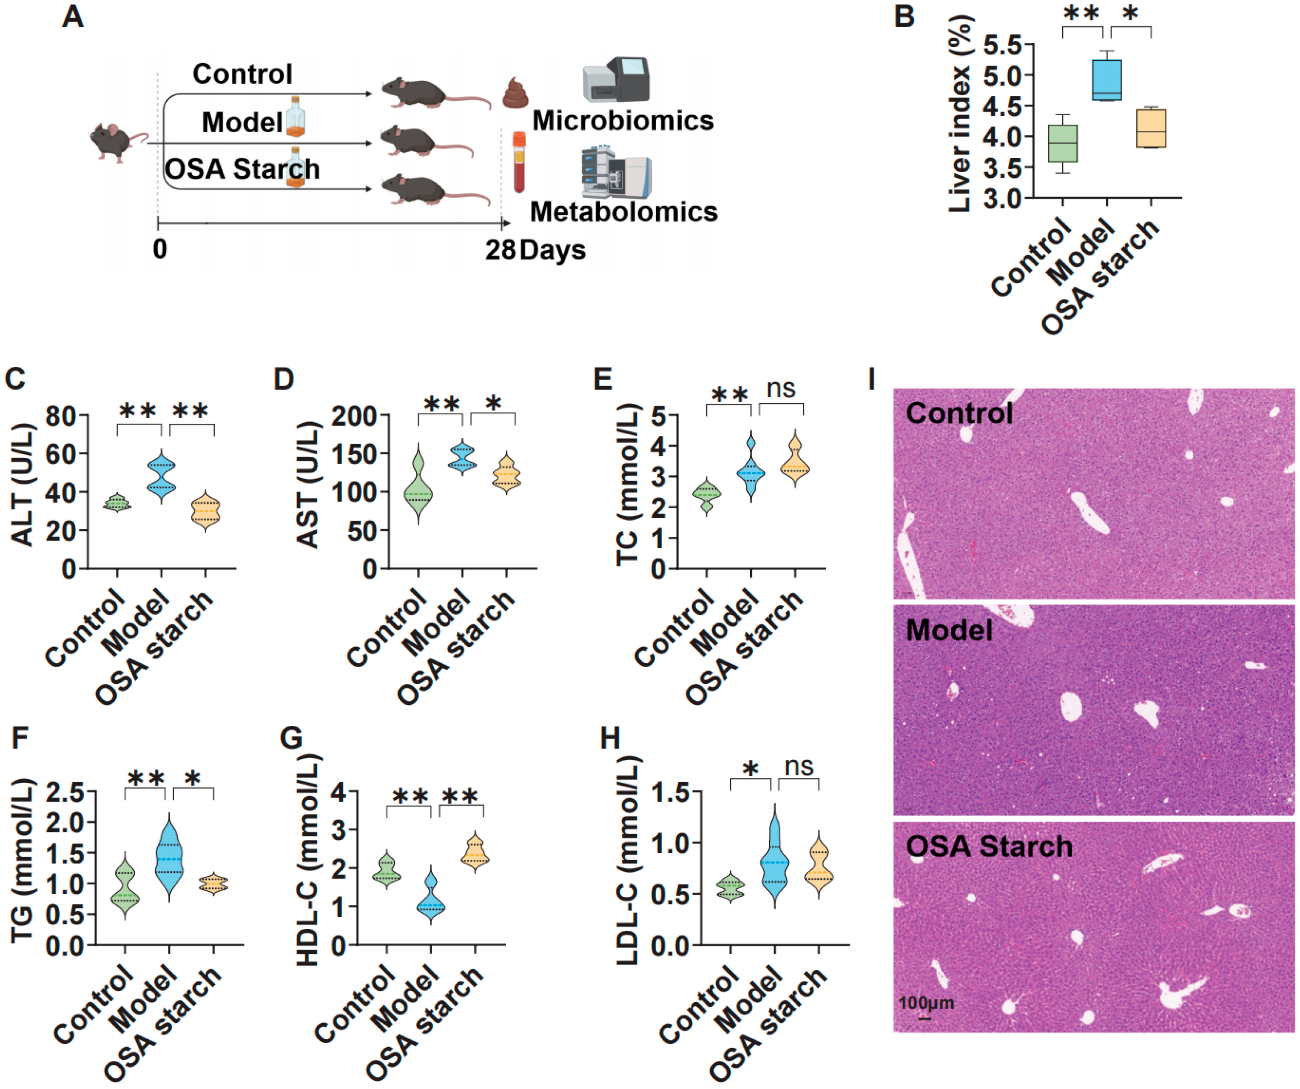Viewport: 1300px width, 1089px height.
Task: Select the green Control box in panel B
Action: click(1062, 143)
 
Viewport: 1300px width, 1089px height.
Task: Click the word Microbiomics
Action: click(623, 121)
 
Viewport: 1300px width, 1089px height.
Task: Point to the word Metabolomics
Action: click(623, 212)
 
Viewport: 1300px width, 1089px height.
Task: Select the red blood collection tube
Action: click(519, 162)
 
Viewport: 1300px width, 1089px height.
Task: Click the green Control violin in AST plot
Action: click(418, 489)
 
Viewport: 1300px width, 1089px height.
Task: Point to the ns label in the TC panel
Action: click(781, 388)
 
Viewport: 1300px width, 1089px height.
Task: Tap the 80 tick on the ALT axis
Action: click(61, 416)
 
